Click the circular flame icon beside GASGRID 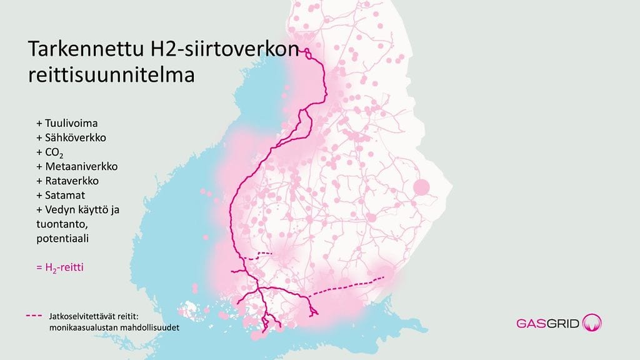coord(592,323)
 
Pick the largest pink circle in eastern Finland coord(422,187)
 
